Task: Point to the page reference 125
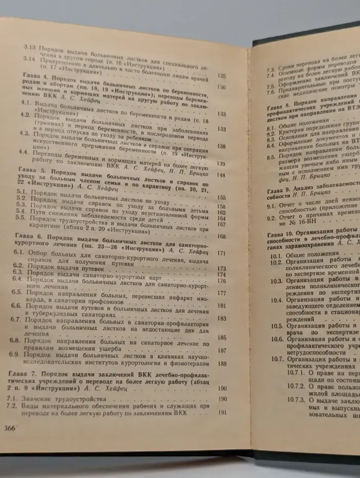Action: (222, 76)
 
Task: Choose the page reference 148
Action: (222, 175)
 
